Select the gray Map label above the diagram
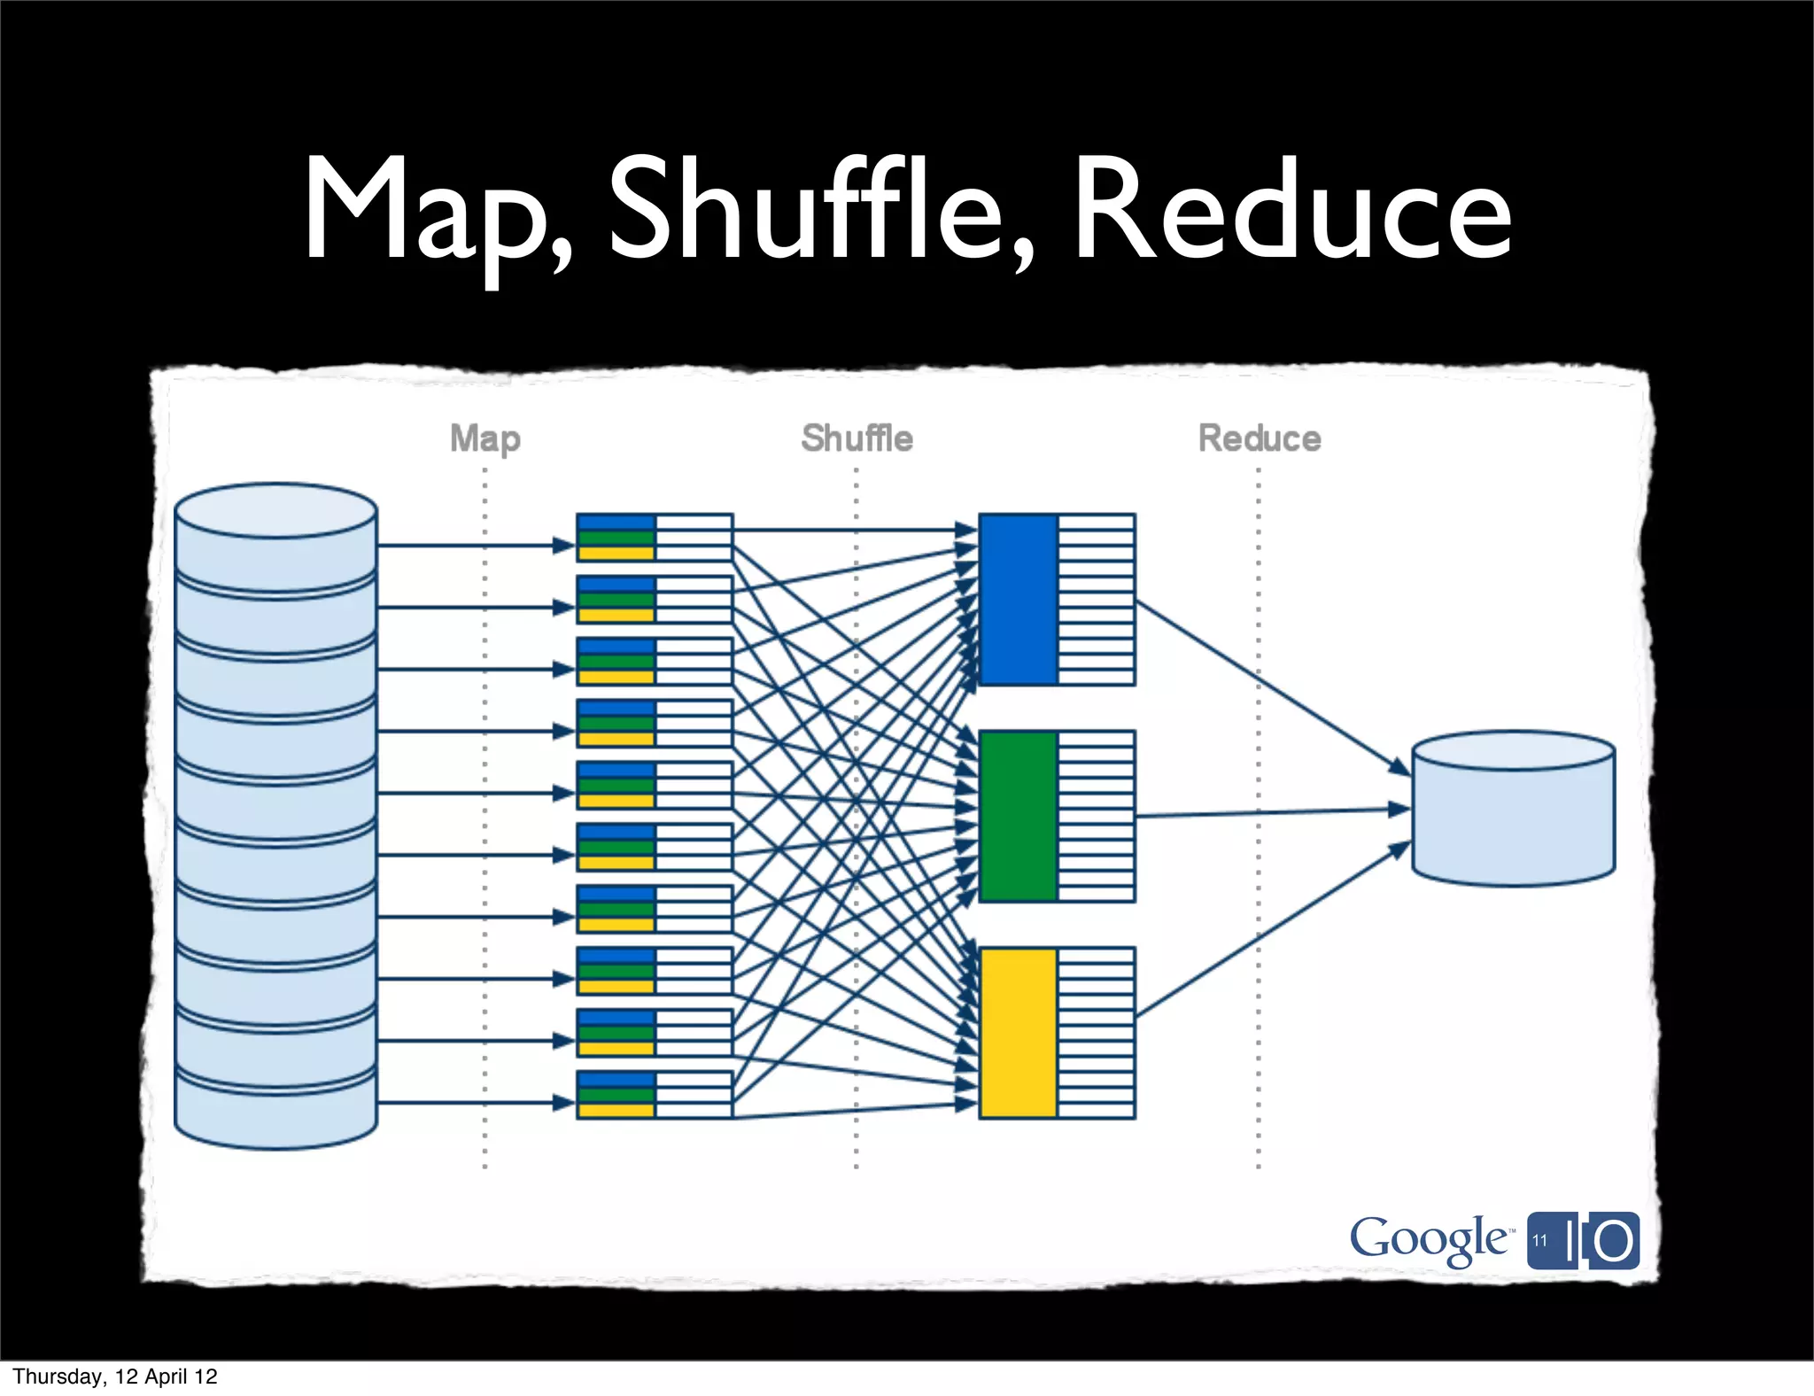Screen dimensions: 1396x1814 [x=485, y=438]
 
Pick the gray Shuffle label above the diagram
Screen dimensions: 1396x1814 [x=857, y=438]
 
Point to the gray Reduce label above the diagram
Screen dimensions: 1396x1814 [x=1259, y=438]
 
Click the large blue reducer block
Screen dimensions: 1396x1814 [x=1019, y=600]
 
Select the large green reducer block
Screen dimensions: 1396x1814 [x=1019, y=816]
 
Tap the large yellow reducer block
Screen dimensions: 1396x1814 [x=1019, y=1033]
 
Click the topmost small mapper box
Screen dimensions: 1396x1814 [x=654, y=538]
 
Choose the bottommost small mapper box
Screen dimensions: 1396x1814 [x=654, y=1095]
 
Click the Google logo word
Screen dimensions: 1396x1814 [x=1429, y=1238]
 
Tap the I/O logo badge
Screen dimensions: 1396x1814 [x=1584, y=1240]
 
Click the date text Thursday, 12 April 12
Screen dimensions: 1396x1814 [x=115, y=1377]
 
